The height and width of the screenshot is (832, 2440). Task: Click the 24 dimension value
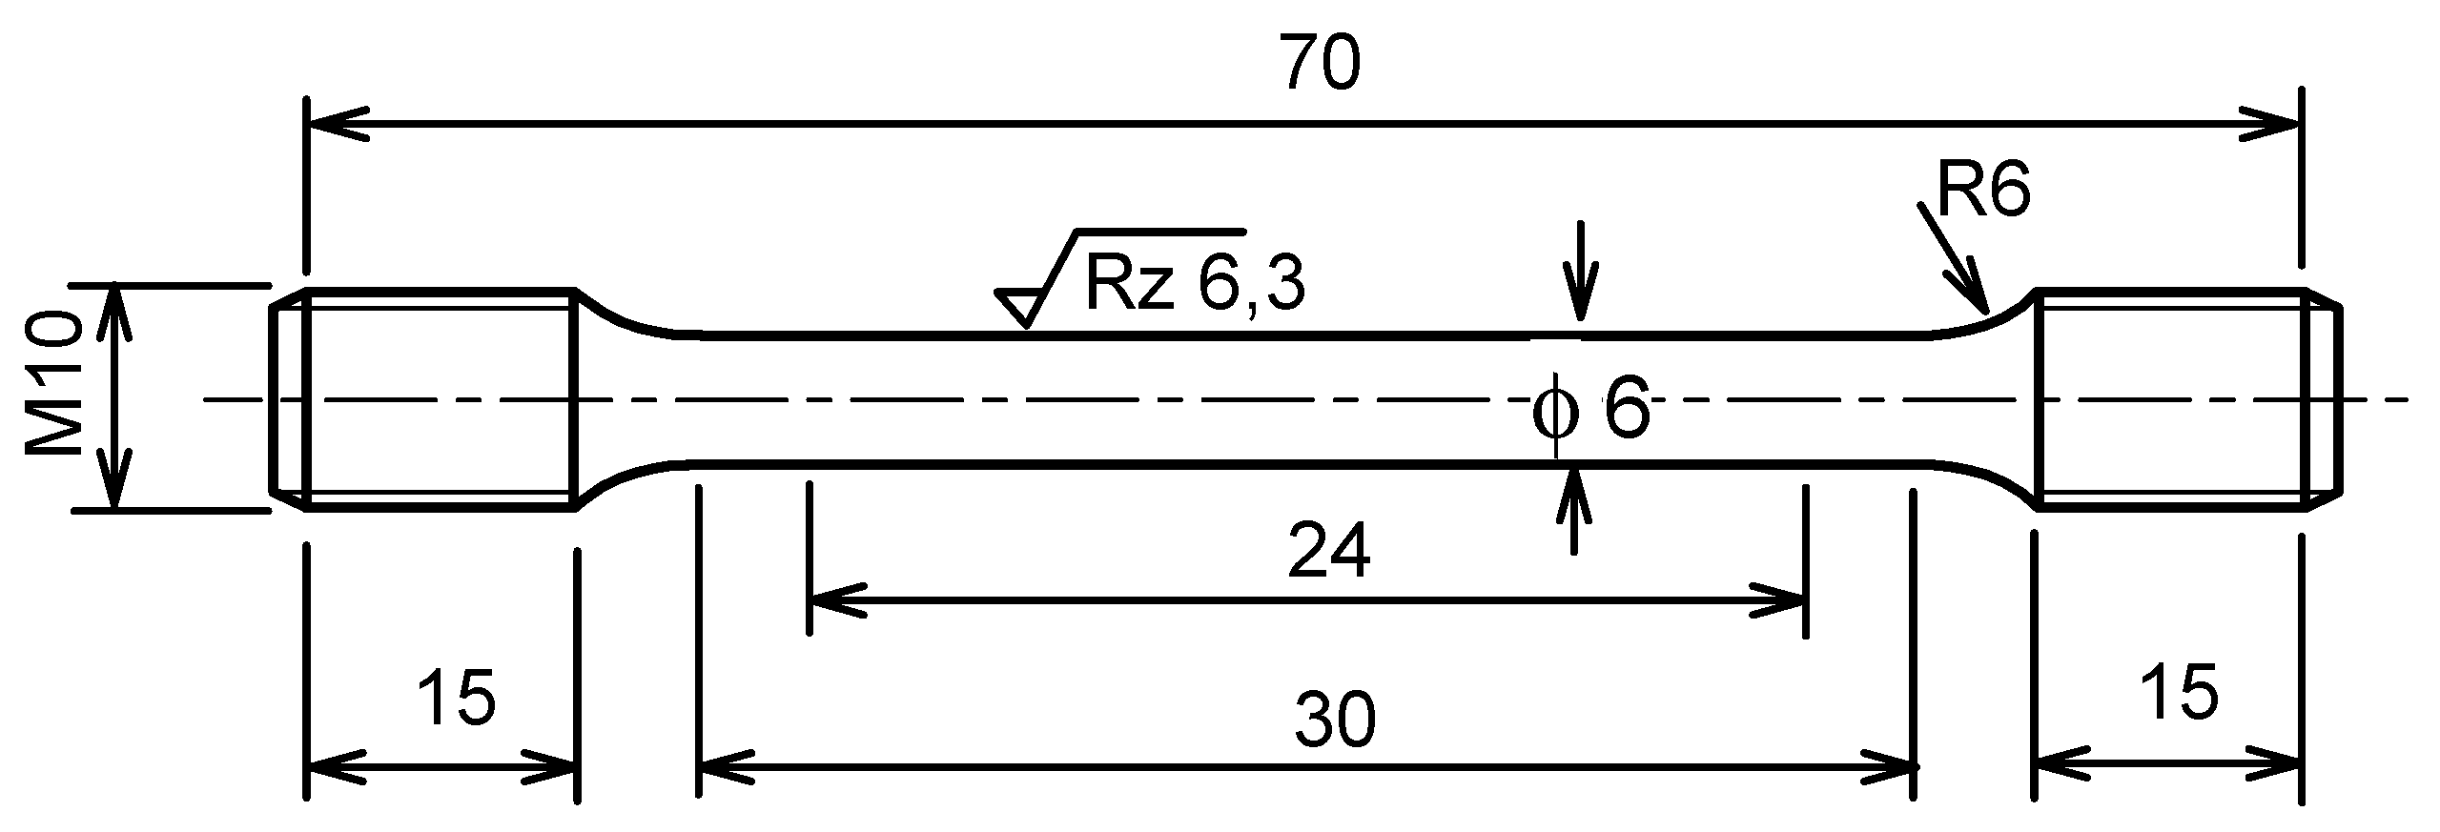(x=1328, y=550)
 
